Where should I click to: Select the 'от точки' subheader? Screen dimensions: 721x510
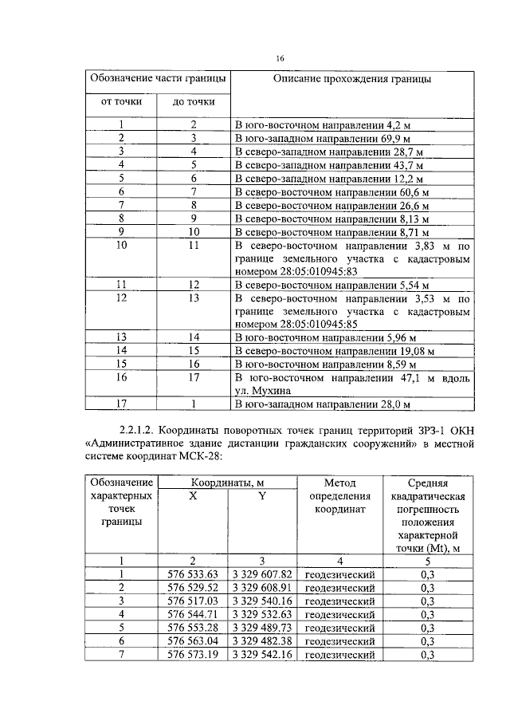121,103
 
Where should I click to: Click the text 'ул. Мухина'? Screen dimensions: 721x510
264,391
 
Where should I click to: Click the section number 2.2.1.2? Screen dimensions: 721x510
135,431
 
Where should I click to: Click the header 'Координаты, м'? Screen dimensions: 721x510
227,483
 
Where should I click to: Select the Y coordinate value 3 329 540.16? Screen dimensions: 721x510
262,601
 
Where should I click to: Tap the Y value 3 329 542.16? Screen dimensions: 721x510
262,654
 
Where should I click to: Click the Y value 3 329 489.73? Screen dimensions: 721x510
262,627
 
